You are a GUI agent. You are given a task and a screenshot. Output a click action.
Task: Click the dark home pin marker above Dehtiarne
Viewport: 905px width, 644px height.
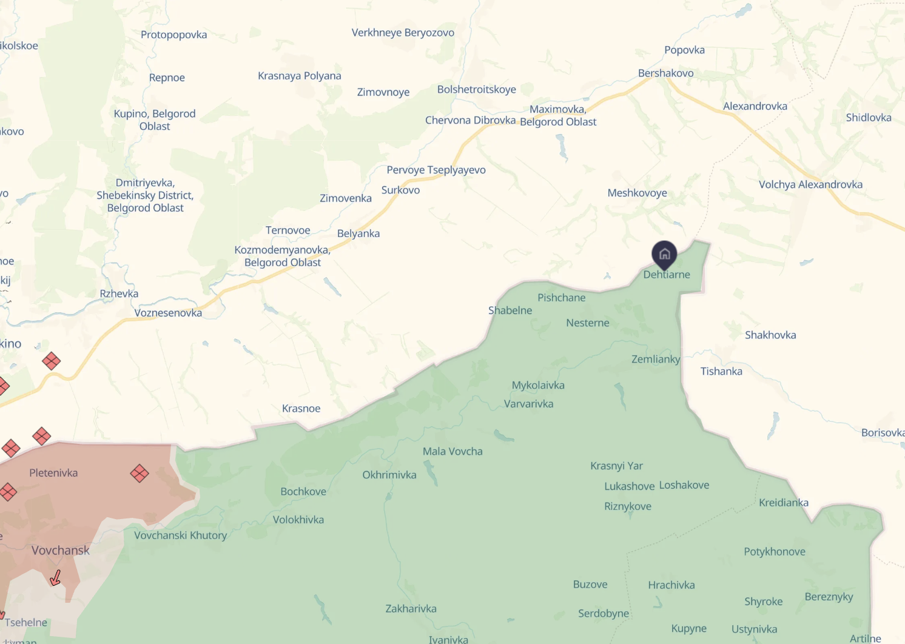point(664,254)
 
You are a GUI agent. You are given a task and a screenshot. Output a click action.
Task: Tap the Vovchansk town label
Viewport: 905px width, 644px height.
point(61,551)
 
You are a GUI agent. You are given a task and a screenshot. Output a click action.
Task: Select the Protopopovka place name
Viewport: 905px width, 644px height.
point(174,35)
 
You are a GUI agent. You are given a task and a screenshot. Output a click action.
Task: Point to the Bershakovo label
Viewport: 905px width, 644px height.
point(665,73)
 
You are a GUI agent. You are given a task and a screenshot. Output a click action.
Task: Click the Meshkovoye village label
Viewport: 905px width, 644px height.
point(637,193)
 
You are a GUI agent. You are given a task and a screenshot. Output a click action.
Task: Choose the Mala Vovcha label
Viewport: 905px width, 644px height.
point(452,451)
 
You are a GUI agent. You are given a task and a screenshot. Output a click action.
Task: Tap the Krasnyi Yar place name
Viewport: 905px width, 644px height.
point(616,466)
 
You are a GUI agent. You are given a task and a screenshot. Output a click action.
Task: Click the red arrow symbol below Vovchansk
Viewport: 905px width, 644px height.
point(55,577)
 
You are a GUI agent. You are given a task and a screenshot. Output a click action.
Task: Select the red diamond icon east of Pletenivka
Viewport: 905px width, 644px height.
point(140,474)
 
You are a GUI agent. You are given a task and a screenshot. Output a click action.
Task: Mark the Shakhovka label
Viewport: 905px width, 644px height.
point(770,335)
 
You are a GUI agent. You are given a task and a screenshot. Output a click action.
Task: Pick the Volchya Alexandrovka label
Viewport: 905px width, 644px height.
point(810,184)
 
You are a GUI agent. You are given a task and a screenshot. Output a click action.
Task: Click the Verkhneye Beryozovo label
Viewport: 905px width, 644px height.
point(403,33)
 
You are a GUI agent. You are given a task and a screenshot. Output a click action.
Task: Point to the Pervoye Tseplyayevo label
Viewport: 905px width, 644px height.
point(436,170)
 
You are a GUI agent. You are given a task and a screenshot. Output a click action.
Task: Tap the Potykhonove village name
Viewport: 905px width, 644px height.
point(775,552)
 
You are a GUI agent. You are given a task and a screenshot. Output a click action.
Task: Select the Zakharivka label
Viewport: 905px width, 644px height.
point(411,609)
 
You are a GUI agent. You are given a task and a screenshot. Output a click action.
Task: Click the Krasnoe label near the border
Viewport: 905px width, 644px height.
point(301,409)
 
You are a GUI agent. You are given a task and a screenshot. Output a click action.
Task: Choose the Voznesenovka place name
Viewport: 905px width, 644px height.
point(168,313)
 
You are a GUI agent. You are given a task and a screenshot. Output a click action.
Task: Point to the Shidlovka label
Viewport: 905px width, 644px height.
point(869,118)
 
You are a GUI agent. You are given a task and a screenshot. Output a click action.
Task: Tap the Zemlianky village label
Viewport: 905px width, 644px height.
point(656,359)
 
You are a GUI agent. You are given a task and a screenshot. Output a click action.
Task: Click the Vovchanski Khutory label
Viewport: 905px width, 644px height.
point(180,535)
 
